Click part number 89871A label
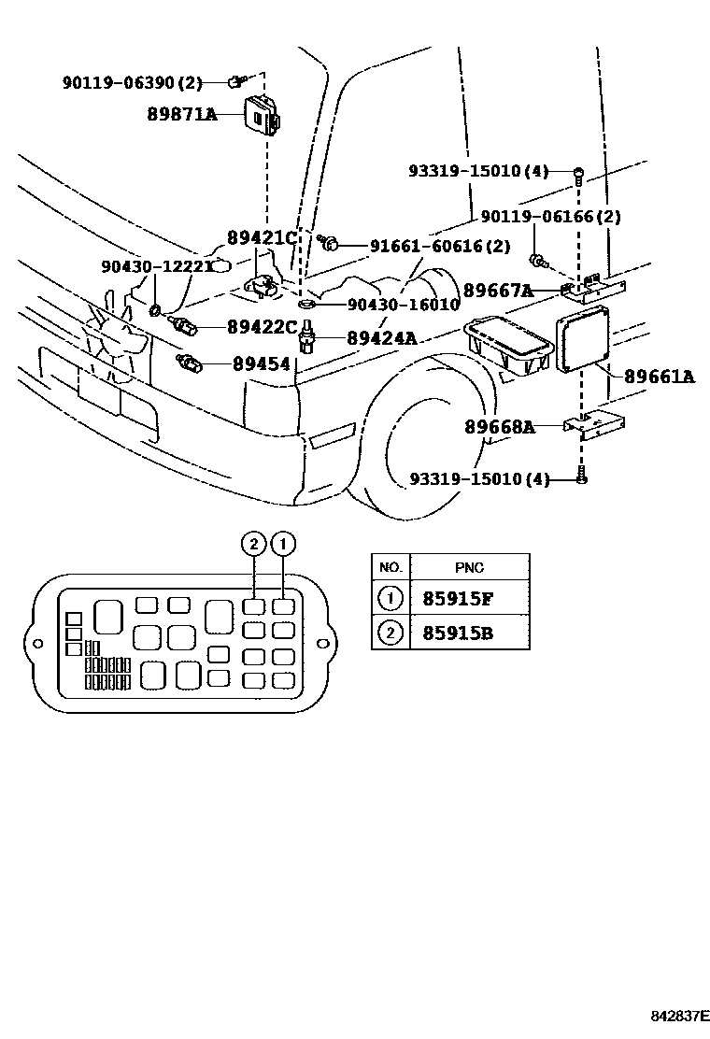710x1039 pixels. tap(181, 115)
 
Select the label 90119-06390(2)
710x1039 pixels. tap(132, 83)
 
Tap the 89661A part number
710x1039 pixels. tap(659, 377)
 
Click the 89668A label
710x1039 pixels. tap(499, 427)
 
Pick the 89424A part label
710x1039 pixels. tap(381, 338)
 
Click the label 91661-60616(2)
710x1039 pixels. tap(440, 246)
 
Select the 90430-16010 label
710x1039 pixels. tap(403, 305)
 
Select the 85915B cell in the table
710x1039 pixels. tap(458, 634)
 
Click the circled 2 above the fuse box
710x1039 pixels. tap(252, 543)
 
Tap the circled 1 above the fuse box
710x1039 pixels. tap(282, 543)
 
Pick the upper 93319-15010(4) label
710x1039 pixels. tap(477, 171)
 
